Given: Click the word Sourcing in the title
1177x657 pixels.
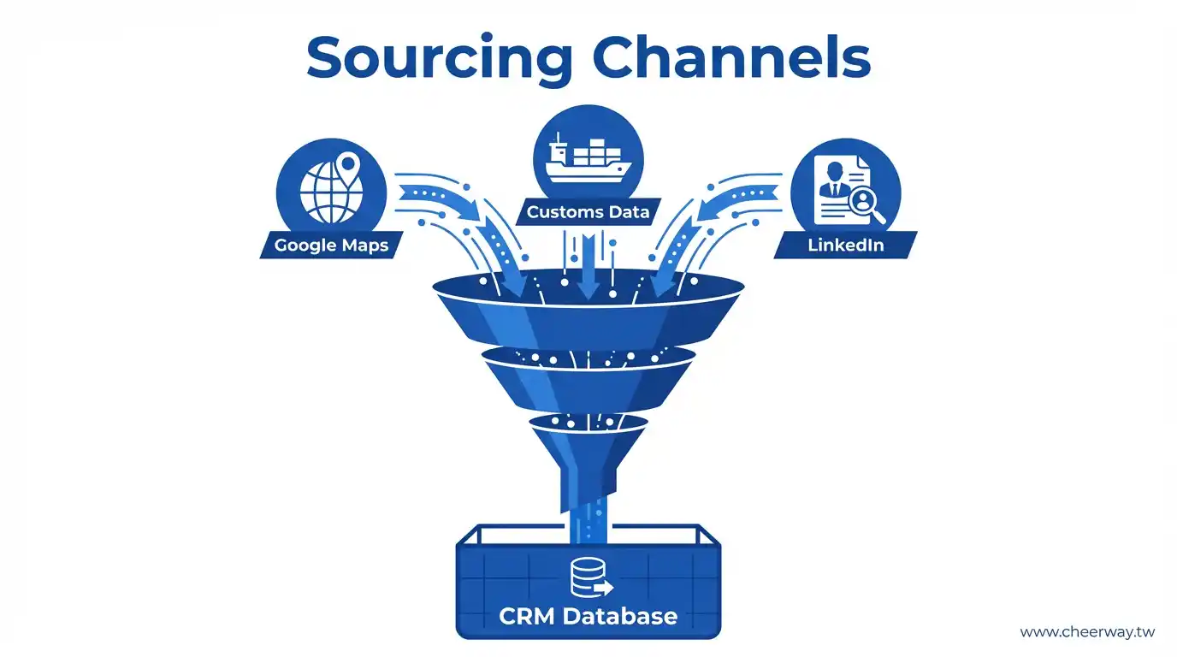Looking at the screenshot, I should (439, 58).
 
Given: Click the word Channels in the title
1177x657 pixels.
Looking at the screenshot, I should (732, 58).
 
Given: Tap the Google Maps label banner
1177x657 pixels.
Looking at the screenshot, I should (331, 245).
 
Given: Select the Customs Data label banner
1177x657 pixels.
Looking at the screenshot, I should (588, 211).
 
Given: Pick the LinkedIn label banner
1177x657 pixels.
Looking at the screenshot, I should (845, 245).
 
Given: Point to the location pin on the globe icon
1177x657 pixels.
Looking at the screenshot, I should (348, 164).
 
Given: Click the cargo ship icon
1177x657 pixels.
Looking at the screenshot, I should (588, 159).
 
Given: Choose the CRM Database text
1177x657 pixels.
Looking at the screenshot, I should (588, 615).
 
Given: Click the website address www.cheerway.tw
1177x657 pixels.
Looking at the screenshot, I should (1087, 632).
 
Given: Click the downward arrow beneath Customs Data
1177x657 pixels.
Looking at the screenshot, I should (588, 269).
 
